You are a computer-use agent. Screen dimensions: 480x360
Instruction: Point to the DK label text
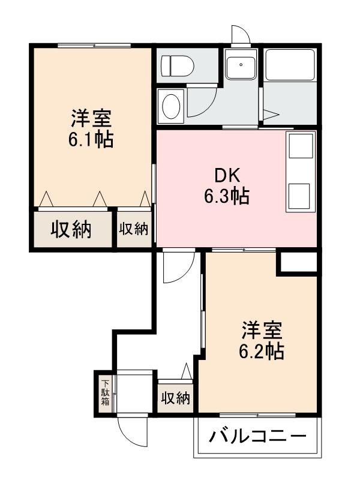click(x=228, y=176)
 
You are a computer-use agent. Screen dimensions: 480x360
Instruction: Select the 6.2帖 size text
click(x=261, y=350)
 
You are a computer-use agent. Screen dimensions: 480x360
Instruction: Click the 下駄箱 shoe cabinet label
click(x=106, y=393)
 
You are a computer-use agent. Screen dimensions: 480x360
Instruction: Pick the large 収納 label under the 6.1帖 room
click(x=70, y=229)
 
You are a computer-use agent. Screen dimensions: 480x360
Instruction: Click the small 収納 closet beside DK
click(x=133, y=229)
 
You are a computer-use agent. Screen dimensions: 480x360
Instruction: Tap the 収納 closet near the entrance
click(x=175, y=398)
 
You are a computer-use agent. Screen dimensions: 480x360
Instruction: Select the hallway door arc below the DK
click(x=179, y=266)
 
